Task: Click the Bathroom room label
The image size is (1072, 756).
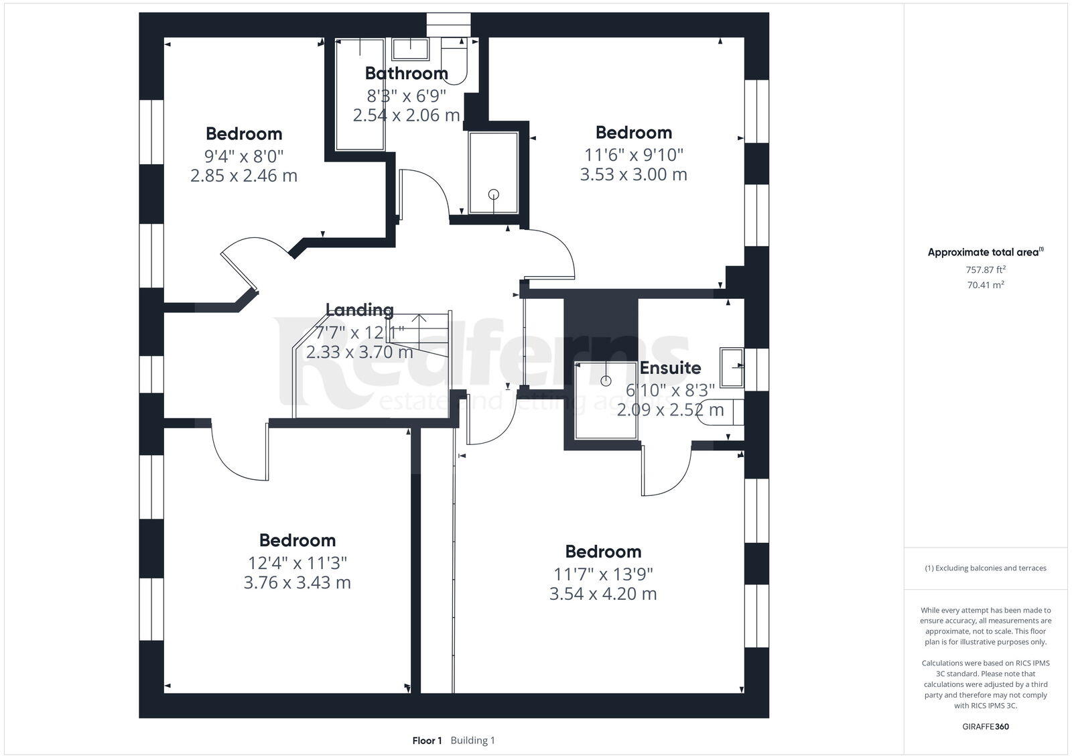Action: (x=406, y=72)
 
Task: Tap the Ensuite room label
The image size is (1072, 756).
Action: (x=670, y=367)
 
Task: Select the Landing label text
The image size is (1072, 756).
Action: (x=359, y=310)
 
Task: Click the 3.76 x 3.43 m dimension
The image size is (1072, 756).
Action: (x=297, y=582)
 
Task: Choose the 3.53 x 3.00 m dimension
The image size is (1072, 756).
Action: (x=633, y=174)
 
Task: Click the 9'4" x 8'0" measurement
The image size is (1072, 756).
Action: (x=244, y=156)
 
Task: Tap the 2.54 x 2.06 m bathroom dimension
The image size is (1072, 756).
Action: (x=406, y=115)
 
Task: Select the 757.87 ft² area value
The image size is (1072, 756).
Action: (x=986, y=269)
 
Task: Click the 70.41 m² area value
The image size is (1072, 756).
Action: (x=986, y=285)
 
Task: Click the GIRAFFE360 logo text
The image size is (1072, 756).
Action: (x=986, y=727)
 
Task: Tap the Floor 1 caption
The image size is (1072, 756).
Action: (x=427, y=741)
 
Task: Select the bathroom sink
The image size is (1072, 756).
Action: (x=410, y=49)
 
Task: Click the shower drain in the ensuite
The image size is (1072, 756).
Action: (x=606, y=381)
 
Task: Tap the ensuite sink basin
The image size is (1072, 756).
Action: (x=732, y=367)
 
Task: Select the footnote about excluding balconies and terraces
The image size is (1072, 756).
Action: (x=986, y=568)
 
